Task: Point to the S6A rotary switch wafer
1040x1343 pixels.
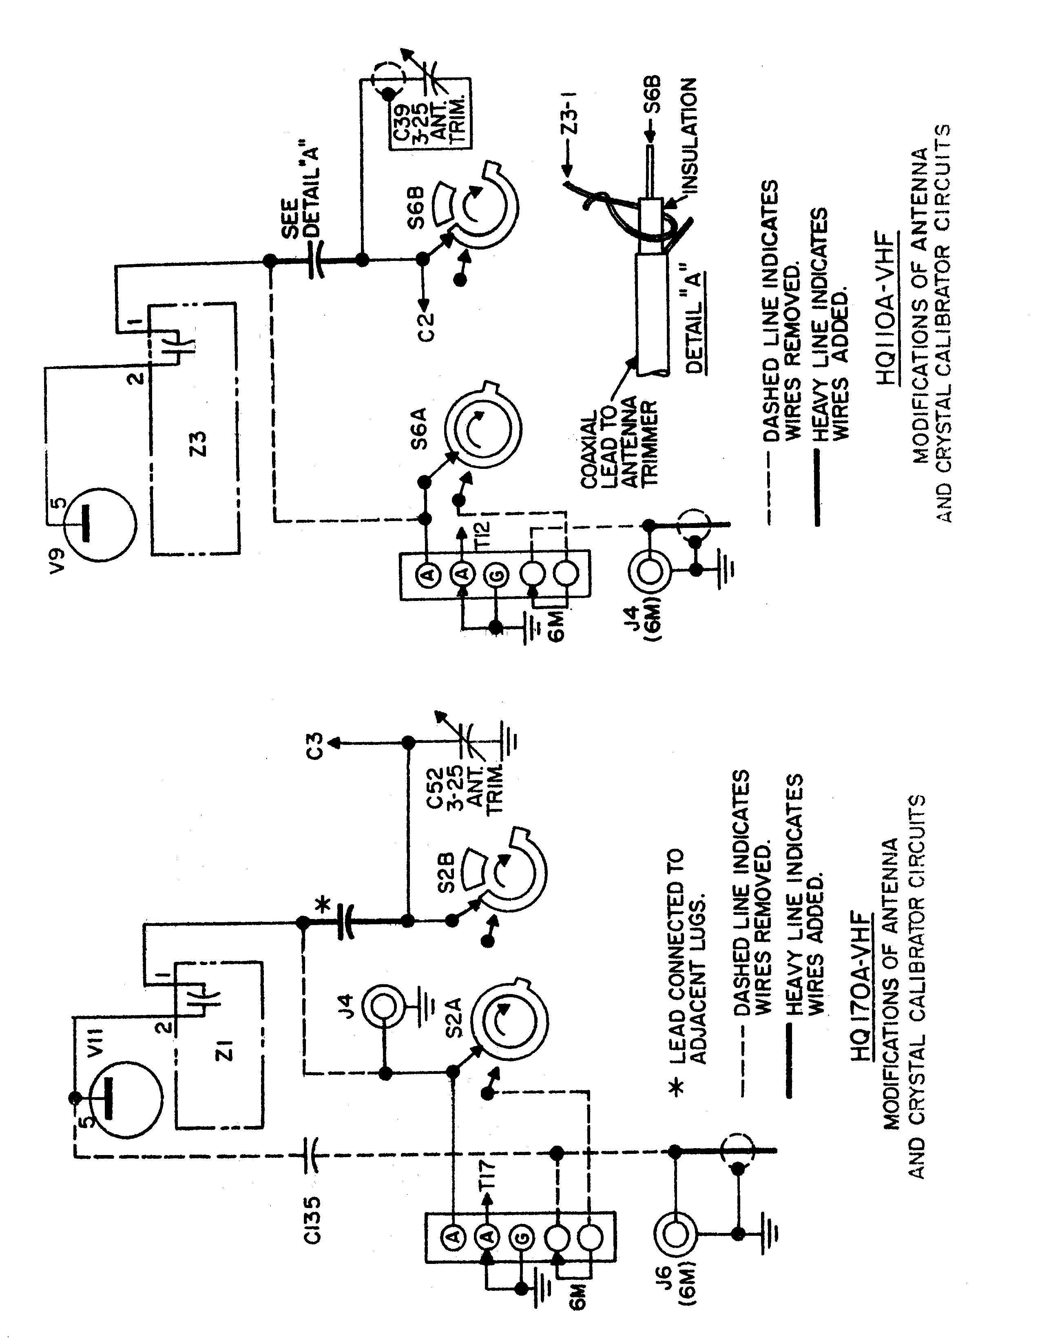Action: (x=483, y=431)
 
